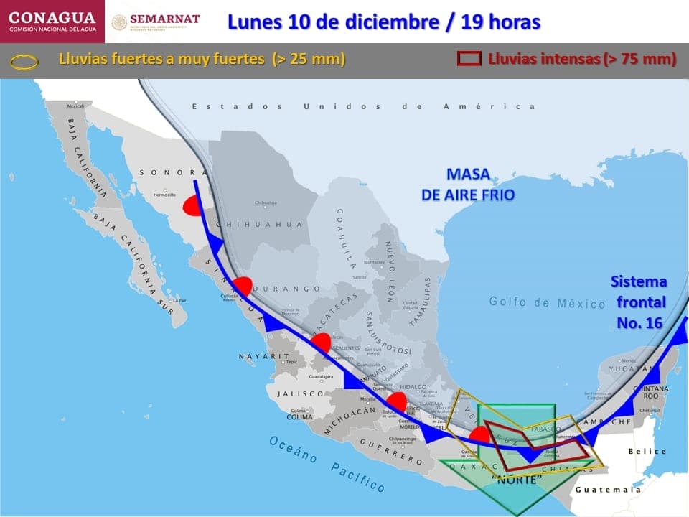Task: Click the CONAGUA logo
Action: click(52, 22)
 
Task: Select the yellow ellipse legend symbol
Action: click(24, 62)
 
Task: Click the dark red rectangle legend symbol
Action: click(469, 59)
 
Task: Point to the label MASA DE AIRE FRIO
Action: click(469, 185)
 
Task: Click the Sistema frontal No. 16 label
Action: click(639, 302)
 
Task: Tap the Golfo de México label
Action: click(548, 303)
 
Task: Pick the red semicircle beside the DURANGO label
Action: click(243, 286)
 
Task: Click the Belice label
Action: click(647, 452)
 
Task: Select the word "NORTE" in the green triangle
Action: click(516, 480)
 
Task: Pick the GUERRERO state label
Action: click(391, 449)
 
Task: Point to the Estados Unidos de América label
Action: click(363, 106)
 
